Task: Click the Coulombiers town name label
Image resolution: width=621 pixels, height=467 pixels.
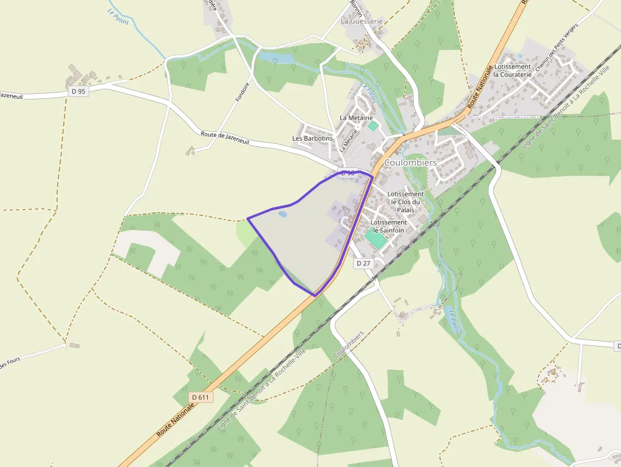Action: coord(410,163)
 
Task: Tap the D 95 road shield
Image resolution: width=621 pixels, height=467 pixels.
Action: coord(78,91)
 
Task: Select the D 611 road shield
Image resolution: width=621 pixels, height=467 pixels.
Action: coord(200,397)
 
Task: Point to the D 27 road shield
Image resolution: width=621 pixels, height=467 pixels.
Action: coord(362,263)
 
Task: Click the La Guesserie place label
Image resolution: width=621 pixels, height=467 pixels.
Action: coord(362,21)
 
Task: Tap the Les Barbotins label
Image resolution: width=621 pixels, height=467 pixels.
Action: coord(312,138)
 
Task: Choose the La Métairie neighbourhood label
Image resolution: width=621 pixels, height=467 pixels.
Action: coord(356,118)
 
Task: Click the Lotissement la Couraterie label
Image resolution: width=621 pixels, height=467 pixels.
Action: coord(513,70)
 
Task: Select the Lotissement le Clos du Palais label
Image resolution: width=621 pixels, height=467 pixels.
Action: coord(406,202)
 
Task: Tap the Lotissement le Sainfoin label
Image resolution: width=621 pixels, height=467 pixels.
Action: coord(388,226)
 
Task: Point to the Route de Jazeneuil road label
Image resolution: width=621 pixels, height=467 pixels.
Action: coord(225,139)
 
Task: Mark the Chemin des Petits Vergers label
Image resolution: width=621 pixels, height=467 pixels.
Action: coord(549,58)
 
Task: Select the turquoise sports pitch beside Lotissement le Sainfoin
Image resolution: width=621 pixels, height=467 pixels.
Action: coord(376,238)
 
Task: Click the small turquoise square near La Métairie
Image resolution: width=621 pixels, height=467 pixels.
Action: coord(373,126)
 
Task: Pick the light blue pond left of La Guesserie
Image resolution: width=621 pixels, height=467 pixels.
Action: coord(276,58)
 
